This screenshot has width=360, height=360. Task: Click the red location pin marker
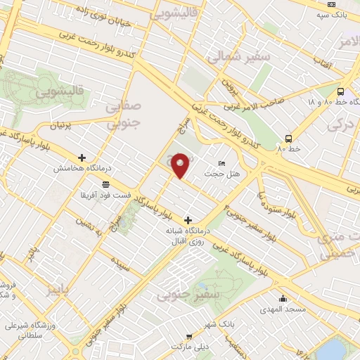click(181, 165)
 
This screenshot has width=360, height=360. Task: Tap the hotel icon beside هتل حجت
click(222, 163)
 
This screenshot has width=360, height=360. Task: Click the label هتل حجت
click(213, 173)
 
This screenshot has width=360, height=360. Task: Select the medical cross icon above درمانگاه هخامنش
click(82, 157)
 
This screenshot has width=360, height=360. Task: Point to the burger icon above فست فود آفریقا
click(105, 184)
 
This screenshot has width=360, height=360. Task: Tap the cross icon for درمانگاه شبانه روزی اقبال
click(188, 220)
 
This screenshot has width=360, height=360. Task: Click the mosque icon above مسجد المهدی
click(283, 299)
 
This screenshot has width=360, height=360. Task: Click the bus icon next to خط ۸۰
click(288, 139)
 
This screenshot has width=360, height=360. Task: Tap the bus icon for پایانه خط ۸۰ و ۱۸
click(340, 91)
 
